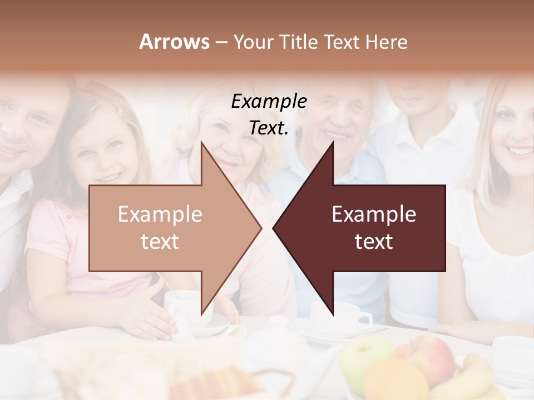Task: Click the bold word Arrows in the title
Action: click(174, 42)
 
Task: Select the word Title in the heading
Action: click(296, 42)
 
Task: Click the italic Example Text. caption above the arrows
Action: click(269, 114)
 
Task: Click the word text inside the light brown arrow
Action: click(160, 242)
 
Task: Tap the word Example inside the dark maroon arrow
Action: click(374, 214)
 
